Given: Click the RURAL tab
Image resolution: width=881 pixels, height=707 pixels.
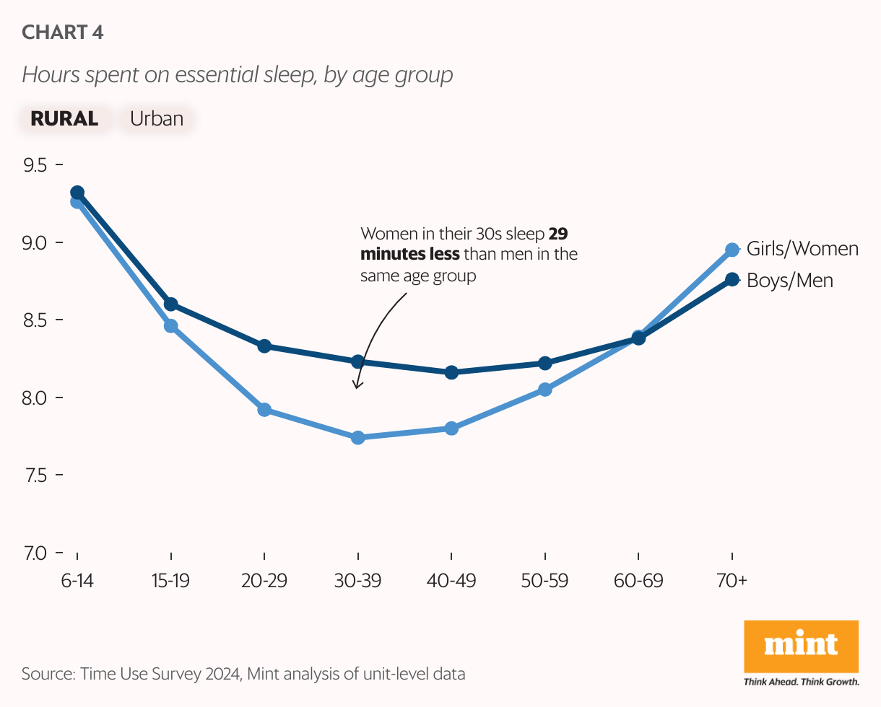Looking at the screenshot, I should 64,118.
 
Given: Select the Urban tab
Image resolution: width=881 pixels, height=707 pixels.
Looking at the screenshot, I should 157,118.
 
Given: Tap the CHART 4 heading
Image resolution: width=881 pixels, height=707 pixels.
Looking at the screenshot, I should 63,32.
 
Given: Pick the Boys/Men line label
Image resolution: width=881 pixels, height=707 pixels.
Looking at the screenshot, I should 789,280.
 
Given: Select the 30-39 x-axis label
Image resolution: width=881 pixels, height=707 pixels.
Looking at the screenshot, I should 357,581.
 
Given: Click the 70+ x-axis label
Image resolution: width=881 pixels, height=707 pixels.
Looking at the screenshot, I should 732,581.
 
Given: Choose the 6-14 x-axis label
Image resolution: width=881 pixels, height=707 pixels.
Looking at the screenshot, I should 77,581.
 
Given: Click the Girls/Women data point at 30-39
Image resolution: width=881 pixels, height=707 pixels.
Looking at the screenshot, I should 357,438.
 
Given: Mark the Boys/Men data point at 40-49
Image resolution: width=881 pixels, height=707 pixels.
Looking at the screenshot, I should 451,372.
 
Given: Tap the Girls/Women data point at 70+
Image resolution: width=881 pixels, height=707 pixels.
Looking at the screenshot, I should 732,250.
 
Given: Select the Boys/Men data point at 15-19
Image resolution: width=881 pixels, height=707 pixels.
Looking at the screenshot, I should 171,304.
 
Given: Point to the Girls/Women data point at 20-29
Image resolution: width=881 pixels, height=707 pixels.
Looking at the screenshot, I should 264,410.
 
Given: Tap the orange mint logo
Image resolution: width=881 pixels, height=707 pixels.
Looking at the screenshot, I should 801,646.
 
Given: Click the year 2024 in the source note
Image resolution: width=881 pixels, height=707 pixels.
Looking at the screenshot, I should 223,675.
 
